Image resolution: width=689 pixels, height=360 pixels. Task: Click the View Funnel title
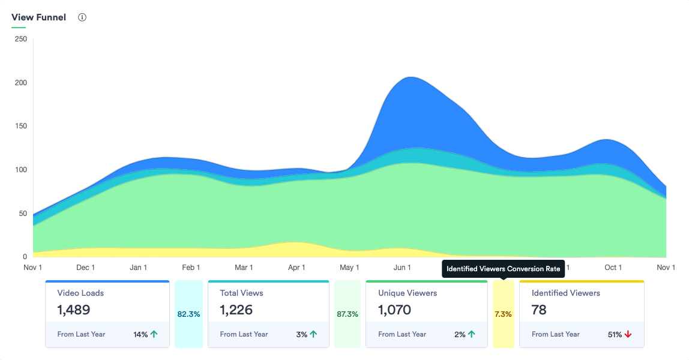[x=38, y=17]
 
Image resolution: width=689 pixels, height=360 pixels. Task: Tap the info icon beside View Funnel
[x=82, y=17]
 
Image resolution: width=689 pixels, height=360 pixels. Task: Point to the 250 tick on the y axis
[x=20, y=39]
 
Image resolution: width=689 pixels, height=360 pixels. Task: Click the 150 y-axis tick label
[x=20, y=126]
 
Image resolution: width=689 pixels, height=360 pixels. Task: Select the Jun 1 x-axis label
[x=402, y=268]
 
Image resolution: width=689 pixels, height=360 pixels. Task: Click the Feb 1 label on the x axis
[x=191, y=268]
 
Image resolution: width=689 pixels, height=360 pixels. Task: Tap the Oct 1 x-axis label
[x=613, y=268]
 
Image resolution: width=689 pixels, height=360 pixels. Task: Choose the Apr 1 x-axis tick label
[x=296, y=268]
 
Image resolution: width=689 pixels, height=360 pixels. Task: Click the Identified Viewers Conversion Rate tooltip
[x=503, y=269]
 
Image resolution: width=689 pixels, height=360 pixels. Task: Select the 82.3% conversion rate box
[x=188, y=314]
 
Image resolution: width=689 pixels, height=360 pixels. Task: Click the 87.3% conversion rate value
[x=348, y=314]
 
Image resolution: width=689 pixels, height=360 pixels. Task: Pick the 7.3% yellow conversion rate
[x=504, y=314]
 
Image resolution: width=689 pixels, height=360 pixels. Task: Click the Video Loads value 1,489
[x=74, y=310]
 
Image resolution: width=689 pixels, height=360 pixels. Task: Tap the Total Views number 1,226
[x=236, y=310]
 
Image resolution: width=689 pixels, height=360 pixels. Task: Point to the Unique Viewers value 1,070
[x=395, y=310]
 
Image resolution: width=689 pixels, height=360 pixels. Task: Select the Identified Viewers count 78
[x=540, y=310]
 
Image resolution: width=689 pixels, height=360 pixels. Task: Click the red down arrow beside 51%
[x=628, y=334]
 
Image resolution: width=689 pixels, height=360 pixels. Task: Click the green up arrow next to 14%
[x=154, y=334]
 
